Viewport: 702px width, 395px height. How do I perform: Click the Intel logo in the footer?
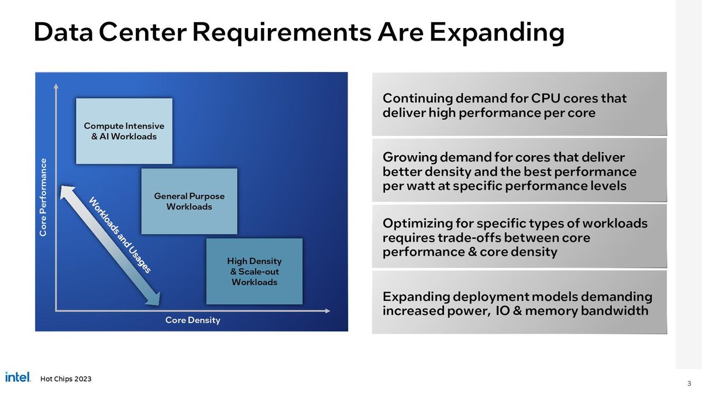click(x=18, y=377)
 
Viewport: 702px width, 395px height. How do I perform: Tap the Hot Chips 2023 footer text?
click(x=66, y=379)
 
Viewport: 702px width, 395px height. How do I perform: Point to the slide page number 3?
click(x=689, y=384)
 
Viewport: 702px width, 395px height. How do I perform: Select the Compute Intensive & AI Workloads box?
click(x=124, y=131)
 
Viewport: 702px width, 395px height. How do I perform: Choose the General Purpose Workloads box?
click(x=189, y=201)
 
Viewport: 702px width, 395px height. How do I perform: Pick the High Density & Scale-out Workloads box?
click(x=254, y=271)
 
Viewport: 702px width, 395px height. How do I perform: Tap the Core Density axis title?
click(x=192, y=320)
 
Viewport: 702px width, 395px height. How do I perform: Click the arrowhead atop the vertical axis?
click(x=56, y=86)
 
